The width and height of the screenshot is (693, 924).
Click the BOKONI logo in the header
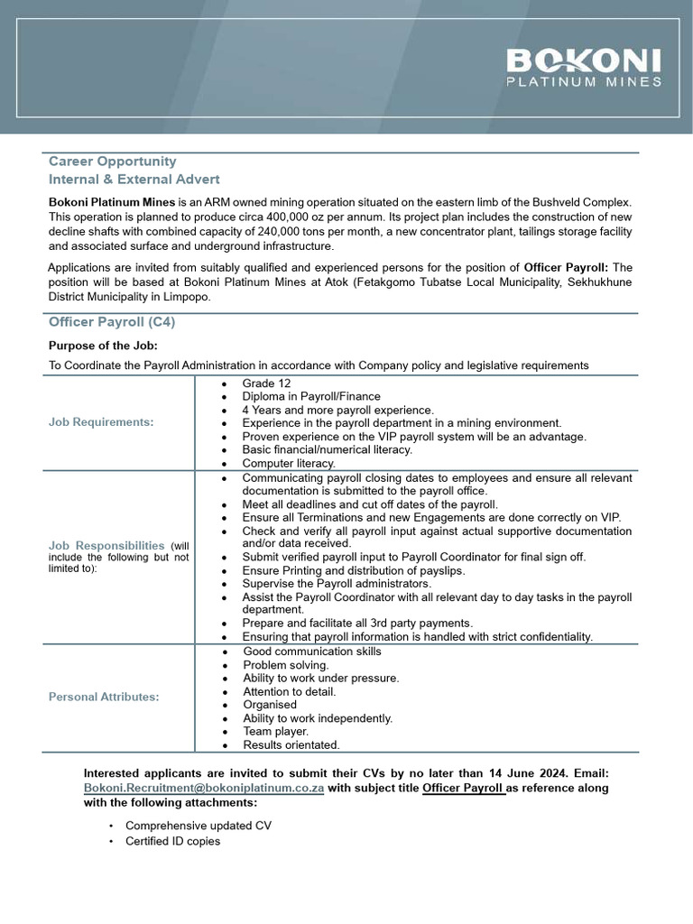coord(584,68)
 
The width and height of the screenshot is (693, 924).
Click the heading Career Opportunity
coord(112,162)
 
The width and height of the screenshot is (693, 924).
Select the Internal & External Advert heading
coord(134,180)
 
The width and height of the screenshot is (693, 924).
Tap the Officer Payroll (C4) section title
coord(112,322)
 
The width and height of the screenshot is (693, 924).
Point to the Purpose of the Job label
coord(103,346)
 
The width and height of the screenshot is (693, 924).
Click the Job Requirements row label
coord(101,422)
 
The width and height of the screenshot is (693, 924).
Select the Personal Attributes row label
coord(104,698)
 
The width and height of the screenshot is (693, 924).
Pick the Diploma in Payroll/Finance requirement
coord(311,396)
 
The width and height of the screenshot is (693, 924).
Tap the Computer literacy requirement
coord(289,463)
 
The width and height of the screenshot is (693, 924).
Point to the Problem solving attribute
coord(286,665)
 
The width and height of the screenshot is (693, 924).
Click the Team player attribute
coord(276,732)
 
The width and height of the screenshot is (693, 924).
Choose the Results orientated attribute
coord(291,745)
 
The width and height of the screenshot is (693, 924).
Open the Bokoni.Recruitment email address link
coord(204,788)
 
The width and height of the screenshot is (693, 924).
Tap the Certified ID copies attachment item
coord(172,841)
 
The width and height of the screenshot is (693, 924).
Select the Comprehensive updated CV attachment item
coord(199,826)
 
